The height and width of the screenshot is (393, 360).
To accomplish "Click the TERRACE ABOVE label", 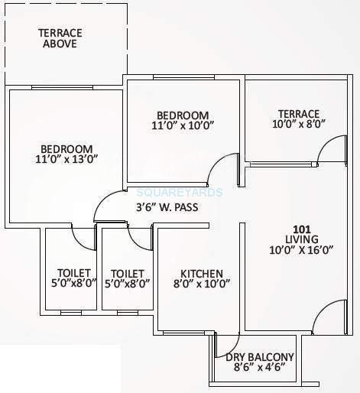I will coord(60,37).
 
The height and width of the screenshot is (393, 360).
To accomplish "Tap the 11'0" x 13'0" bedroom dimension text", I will coord(66,159).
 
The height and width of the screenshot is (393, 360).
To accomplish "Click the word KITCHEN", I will coord(201,273).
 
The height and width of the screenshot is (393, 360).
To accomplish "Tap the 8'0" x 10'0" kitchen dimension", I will coord(201,284).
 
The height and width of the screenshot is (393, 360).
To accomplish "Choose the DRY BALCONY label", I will coord(257,357).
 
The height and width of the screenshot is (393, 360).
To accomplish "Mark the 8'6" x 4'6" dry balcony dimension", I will coord(257,368).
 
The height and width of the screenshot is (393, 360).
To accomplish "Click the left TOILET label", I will coord(74,273).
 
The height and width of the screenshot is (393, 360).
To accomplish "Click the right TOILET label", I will coord(128,273).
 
